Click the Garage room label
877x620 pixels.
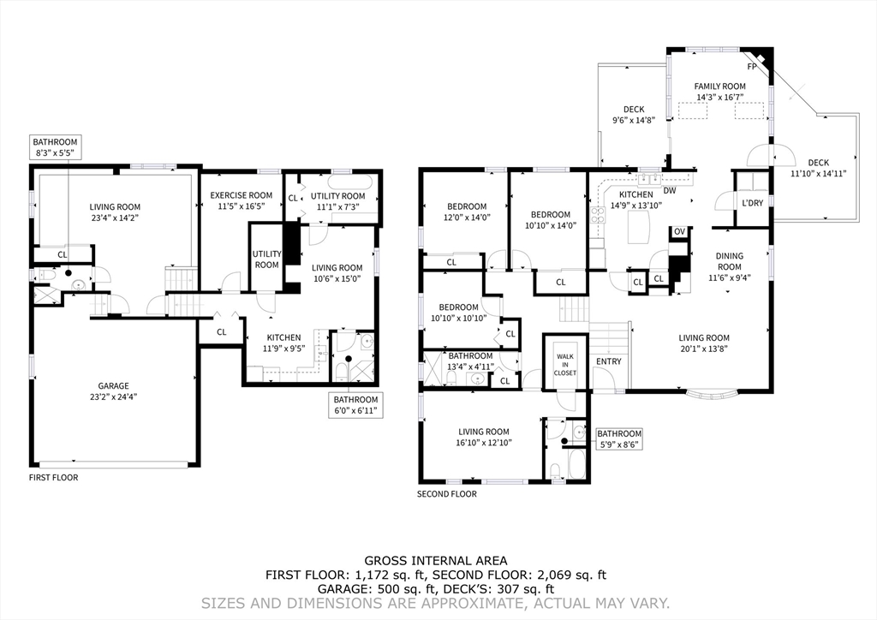coord(114,385)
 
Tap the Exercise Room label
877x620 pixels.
coord(241,195)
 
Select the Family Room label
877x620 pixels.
coord(719,86)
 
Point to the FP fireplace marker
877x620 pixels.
coord(752,67)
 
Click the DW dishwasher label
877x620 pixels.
coord(670,191)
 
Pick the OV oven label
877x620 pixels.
coord(679,231)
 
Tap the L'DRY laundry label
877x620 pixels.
coord(752,203)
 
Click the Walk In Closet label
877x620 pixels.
coord(565,365)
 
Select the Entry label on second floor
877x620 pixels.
coord(609,361)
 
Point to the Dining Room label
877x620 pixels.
coord(730,261)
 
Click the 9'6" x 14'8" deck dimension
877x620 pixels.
coord(634,120)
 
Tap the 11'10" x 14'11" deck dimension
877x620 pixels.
coord(818,173)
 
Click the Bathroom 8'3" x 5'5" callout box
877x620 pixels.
coord(55,147)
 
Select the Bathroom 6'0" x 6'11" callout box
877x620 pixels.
coord(355,405)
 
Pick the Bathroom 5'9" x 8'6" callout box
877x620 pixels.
coord(619,438)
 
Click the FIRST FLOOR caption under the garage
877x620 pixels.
coord(54,478)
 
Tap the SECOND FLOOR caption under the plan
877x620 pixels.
coord(447,493)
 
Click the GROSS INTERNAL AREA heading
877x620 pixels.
coord(436,561)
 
